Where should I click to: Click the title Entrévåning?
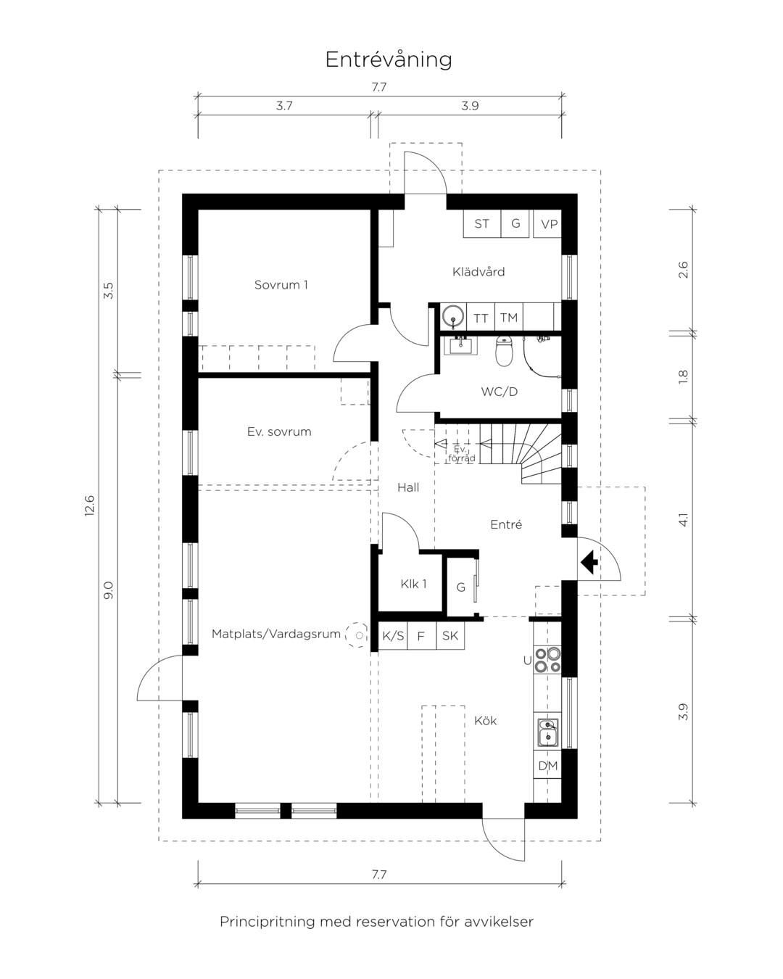click(389, 59)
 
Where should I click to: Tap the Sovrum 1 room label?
click(281, 285)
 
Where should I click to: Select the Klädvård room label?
click(478, 272)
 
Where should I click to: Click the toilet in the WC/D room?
click(504, 351)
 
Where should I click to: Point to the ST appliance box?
click(482, 223)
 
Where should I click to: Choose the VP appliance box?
click(548, 223)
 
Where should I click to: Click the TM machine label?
click(509, 317)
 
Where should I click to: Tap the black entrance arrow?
click(589, 562)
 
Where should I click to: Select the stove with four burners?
click(547, 660)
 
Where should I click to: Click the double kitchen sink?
click(547, 732)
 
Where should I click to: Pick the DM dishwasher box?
click(547, 766)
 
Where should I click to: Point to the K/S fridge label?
click(393, 635)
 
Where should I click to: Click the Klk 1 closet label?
click(413, 584)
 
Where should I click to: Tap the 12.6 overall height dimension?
click(89, 505)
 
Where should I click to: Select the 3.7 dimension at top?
click(284, 106)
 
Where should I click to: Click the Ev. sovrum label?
click(279, 431)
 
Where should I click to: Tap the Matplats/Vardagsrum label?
click(276, 634)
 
